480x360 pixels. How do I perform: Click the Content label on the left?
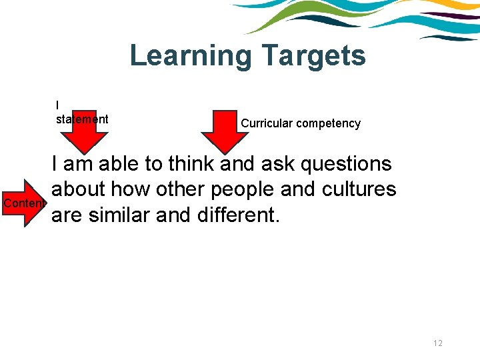pyautogui.click(x=24, y=203)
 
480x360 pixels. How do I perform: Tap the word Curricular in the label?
pyautogui.click(x=265, y=123)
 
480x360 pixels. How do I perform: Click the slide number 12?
pyautogui.click(x=438, y=343)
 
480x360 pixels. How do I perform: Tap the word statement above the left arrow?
pyautogui.click(x=82, y=119)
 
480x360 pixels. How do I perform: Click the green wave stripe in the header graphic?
pyautogui.click(x=293, y=21)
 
